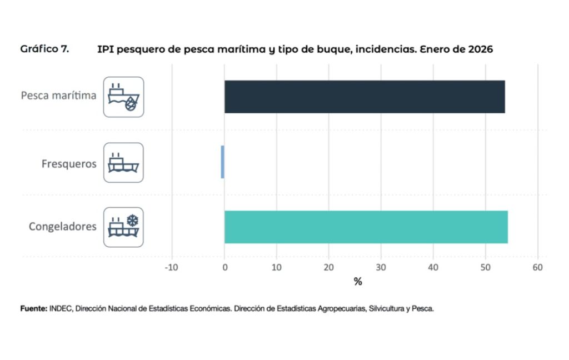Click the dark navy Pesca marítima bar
click(x=365, y=97)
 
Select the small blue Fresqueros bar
click(x=222, y=162)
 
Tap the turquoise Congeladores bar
click(x=366, y=227)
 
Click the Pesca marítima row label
click(x=58, y=96)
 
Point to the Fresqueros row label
click(x=69, y=164)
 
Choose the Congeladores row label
click(x=62, y=227)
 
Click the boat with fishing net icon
click(x=123, y=97)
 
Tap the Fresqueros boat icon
click(x=123, y=162)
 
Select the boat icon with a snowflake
click(x=123, y=227)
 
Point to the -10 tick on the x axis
click(x=171, y=268)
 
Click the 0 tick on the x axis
click(x=224, y=268)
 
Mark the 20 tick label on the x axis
click(x=328, y=268)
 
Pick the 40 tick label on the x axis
click(x=433, y=268)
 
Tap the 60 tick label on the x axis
click(x=537, y=268)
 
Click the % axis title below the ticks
click(x=357, y=282)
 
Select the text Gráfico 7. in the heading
click(x=44, y=49)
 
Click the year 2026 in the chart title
click(x=481, y=49)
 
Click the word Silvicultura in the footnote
click(x=385, y=308)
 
